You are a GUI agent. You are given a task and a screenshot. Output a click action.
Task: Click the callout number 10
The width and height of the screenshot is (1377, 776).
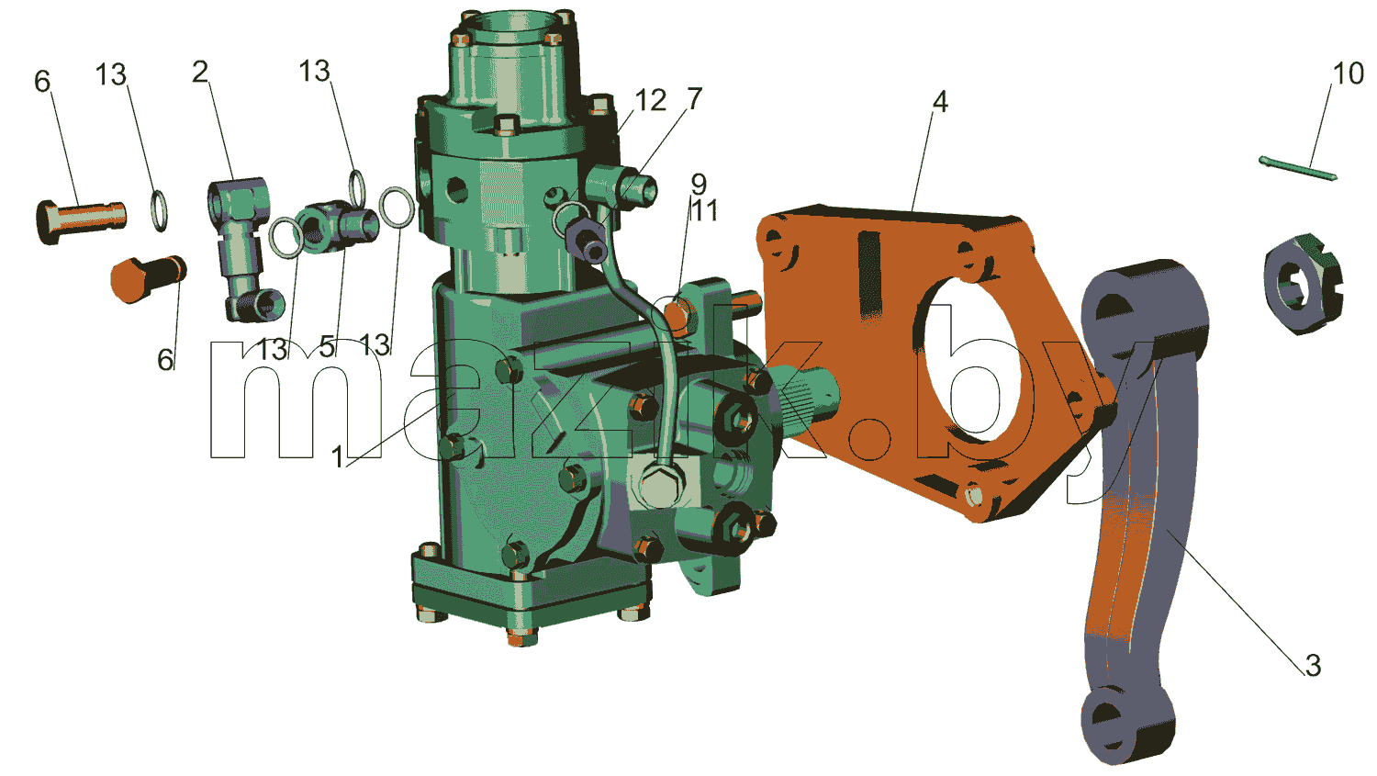[1348, 73]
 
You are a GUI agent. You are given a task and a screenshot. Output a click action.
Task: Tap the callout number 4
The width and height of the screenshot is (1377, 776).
[939, 101]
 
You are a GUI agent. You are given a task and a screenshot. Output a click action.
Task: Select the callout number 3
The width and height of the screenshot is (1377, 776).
[1313, 665]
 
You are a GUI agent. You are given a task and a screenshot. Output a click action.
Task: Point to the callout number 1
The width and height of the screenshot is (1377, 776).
[337, 456]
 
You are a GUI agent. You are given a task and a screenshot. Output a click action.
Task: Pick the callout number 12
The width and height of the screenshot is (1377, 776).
[650, 100]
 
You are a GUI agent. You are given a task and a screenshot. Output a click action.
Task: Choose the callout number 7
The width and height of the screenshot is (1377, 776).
[693, 98]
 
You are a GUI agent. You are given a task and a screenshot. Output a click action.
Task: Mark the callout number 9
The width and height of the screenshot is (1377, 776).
[698, 184]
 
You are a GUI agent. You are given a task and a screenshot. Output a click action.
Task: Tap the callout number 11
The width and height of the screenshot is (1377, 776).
[703, 211]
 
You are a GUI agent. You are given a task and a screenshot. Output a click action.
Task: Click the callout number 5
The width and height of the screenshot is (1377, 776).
[327, 347]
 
